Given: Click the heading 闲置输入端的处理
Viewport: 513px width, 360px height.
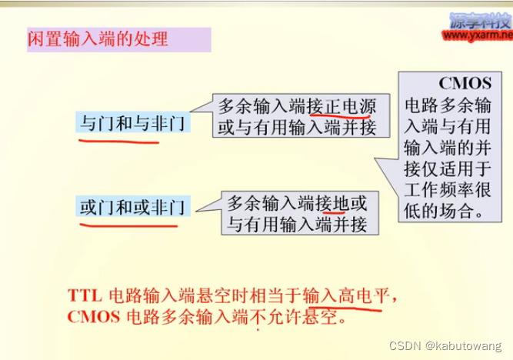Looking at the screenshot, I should pos(98,38).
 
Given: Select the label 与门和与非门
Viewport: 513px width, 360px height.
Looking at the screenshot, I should pos(132,121).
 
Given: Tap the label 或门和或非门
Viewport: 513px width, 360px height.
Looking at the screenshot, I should pos(132,206).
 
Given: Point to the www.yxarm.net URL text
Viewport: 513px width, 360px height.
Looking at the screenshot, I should pos(478,35).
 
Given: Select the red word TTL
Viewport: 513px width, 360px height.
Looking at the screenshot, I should pos(84,295).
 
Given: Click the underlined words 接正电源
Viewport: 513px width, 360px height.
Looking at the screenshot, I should pos(339,106).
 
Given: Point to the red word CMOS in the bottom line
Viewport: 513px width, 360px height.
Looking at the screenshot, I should pos(90,316).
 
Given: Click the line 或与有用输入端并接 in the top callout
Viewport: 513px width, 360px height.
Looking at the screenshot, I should pos(297,127).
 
